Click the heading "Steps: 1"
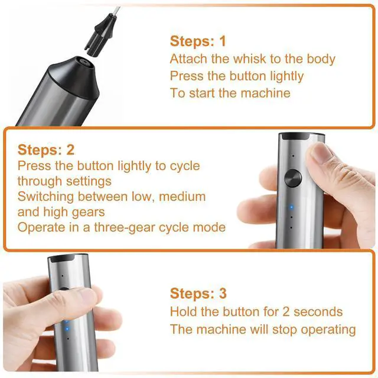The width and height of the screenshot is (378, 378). [x=198, y=41]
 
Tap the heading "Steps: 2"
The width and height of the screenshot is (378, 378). [x=46, y=149]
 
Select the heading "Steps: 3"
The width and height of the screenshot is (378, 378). [x=198, y=294]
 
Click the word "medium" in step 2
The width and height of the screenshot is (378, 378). [x=183, y=197]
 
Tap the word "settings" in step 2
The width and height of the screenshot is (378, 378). [x=89, y=181]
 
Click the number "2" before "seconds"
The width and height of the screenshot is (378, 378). [x=286, y=312]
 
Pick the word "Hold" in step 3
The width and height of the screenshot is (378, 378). [x=183, y=312]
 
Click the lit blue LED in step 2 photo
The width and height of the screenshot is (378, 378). [x=291, y=207]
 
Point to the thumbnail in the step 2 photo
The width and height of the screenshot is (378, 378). [x=318, y=152]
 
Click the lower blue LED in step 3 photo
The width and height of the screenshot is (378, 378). [x=67, y=328]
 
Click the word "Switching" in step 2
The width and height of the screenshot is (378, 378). [x=45, y=197]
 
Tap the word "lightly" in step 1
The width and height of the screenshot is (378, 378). [x=286, y=76]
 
